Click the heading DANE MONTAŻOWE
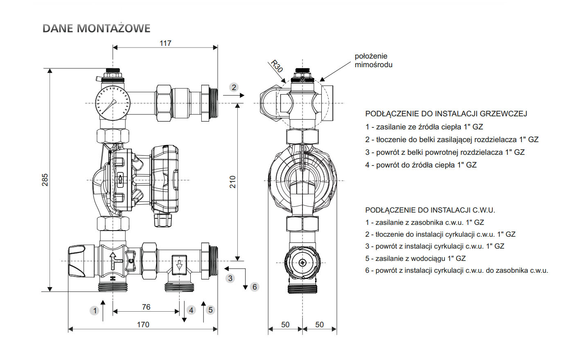(97, 28)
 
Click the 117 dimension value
(165, 43)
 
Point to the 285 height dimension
(45, 180)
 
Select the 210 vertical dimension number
(232, 182)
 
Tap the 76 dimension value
(146, 307)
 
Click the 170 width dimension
(143, 324)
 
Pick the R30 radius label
(277, 66)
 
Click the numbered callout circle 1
(95, 310)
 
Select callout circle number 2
(234, 87)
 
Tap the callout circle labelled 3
(230, 278)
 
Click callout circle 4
(191, 310)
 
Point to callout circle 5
(210, 310)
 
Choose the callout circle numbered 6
(255, 287)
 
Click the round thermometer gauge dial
(113, 103)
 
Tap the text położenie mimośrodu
(373, 60)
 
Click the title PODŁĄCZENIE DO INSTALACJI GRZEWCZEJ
(446, 114)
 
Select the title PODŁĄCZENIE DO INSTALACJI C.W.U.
(430, 210)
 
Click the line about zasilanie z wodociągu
(415, 258)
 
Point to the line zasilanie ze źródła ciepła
(424, 127)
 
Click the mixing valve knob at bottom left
(77, 261)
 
